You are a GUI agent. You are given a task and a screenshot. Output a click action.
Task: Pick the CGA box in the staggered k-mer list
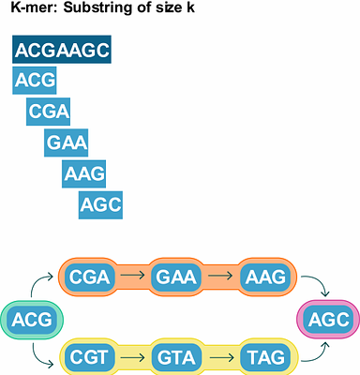[x=50, y=112]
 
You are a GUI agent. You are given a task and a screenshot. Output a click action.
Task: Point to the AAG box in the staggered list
[x=84, y=173]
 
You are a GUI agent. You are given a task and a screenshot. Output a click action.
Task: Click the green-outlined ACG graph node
[x=30, y=322]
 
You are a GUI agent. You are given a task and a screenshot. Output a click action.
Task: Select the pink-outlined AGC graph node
[x=328, y=320]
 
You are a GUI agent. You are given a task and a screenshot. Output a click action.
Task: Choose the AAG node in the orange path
[x=262, y=277]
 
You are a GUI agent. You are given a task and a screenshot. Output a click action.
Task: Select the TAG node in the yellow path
[x=262, y=357]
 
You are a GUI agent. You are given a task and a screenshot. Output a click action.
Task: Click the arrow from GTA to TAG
[x=220, y=357]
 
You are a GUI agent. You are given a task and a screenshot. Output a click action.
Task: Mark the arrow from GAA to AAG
[x=220, y=277]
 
